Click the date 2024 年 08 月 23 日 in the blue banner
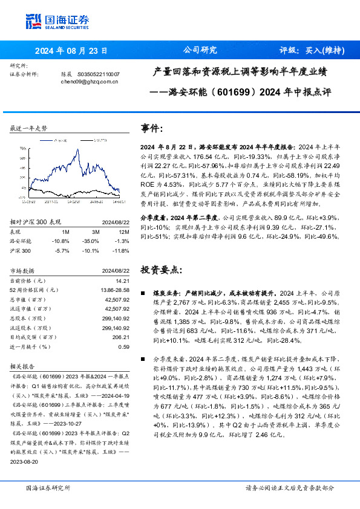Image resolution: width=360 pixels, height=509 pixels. tap(71, 51)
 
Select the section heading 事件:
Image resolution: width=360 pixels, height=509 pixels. tap(152, 129)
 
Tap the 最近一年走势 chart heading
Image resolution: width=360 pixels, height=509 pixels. tap(29, 129)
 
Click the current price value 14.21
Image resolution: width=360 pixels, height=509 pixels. tap(123, 280)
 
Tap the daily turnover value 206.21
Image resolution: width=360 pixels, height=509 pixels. tap(122, 337)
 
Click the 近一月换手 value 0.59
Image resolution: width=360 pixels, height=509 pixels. tap(123, 346)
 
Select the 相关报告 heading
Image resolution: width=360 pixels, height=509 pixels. tap(23, 366)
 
